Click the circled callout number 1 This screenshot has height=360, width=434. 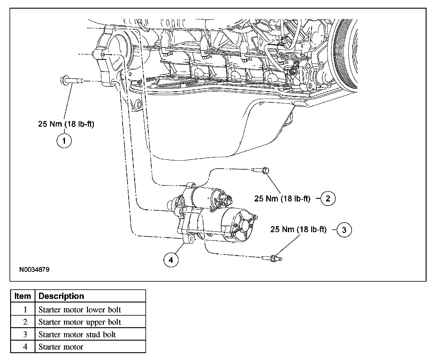(x=64, y=140)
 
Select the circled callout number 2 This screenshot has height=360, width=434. (x=328, y=198)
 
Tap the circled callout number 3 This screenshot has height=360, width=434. (x=344, y=230)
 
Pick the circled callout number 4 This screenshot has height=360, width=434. (x=171, y=260)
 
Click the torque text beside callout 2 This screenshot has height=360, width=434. (x=282, y=198)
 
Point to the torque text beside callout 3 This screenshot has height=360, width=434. (x=298, y=229)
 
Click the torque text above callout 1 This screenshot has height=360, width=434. (x=66, y=124)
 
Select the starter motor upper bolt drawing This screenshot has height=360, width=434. (x=260, y=170)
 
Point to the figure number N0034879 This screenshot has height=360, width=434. (x=34, y=270)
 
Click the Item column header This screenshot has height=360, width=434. (x=23, y=296)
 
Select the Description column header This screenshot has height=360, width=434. (x=61, y=296)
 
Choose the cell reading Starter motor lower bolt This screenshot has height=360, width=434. (x=80, y=310)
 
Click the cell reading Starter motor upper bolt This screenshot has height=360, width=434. (x=80, y=322)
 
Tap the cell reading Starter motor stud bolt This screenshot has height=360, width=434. (x=77, y=334)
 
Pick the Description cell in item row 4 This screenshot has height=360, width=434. (x=61, y=347)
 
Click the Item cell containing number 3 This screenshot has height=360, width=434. (x=25, y=334)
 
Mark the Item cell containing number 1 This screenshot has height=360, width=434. (x=25, y=310)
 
